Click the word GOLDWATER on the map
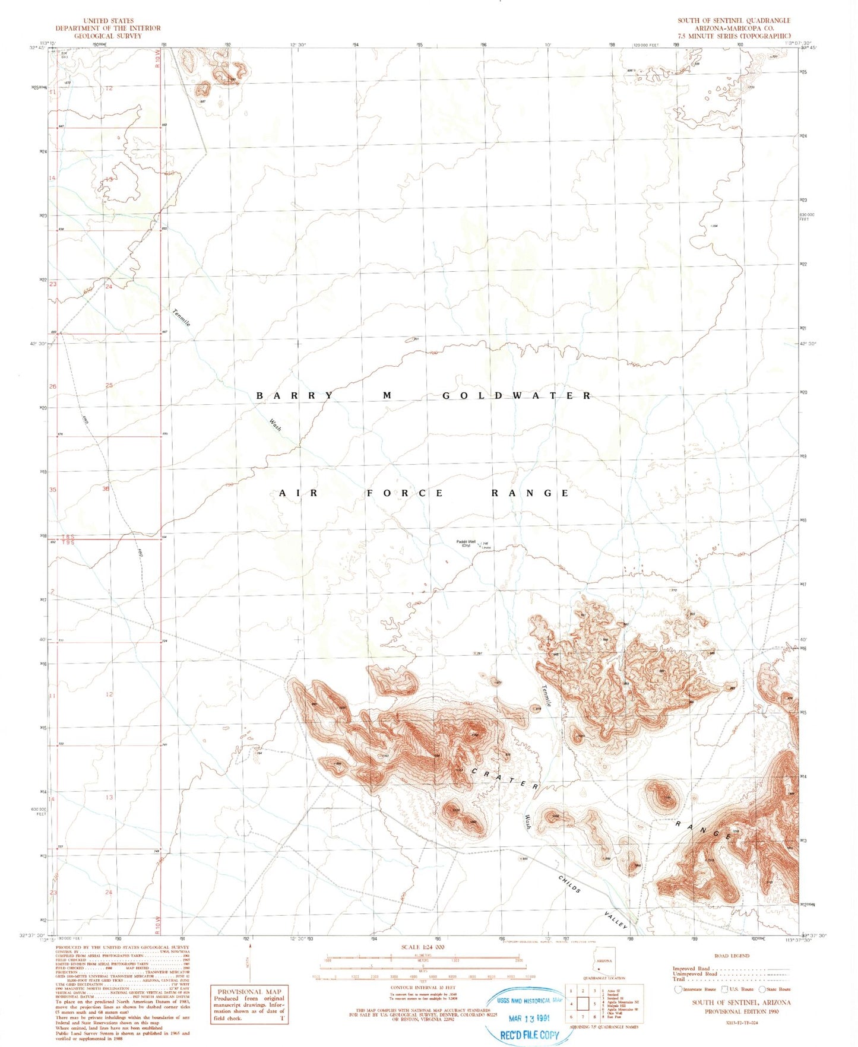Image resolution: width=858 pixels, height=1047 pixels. [517, 395]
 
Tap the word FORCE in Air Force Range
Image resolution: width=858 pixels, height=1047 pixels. [404, 493]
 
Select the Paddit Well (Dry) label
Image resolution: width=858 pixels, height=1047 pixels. [466, 543]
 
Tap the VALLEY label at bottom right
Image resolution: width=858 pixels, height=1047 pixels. [616, 921]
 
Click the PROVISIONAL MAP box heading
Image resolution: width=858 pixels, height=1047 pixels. [249, 991]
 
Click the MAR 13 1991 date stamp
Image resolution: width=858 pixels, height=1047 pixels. [530, 1019]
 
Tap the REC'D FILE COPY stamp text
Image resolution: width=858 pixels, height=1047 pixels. [530, 1035]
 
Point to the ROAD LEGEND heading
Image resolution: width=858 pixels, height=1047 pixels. [732, 956]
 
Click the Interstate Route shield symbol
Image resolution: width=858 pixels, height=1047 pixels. [678, 989]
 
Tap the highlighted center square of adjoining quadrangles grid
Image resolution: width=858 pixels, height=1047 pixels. [582, 1004]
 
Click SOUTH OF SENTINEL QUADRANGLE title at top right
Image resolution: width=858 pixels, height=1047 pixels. [734, 21]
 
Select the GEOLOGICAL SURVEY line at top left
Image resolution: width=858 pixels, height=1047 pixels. [108, 36]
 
